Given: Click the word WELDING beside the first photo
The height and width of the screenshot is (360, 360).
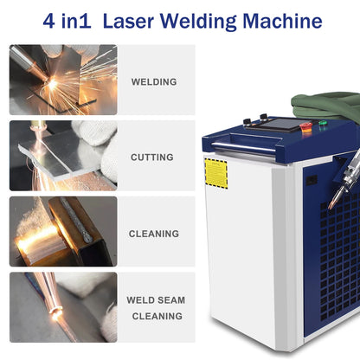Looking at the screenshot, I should (154, 82).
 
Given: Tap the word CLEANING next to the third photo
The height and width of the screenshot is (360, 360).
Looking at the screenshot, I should (154, 234).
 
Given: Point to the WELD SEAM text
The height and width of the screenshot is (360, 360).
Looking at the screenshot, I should (156, 300).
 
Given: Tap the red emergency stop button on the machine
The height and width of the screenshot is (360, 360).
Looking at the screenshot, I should (305, 127).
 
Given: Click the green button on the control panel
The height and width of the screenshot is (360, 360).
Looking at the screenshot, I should (323, 123).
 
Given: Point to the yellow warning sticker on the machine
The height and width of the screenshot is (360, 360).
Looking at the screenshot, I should (215, 172).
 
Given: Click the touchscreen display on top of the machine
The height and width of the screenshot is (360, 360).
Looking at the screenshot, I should (276, 125).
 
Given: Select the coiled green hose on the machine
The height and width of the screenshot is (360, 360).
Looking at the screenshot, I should (329, 105).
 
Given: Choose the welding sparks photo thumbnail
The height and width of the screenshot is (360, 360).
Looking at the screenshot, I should (63, 80).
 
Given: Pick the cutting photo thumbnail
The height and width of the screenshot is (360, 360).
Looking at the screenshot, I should (63, 156).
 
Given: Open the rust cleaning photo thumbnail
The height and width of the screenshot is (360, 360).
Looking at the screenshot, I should (63, 231).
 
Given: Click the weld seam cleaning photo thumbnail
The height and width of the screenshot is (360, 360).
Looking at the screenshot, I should (63, 307).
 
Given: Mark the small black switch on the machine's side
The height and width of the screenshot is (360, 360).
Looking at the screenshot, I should (311, 180).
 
